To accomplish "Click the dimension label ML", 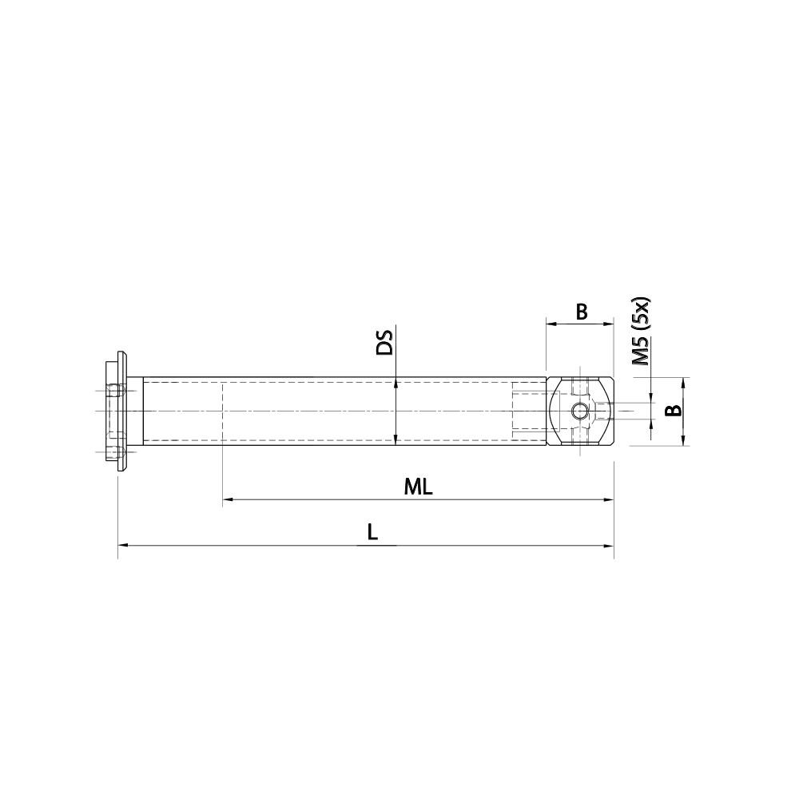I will pyautogui.click(x=417, y=487).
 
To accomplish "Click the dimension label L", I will pyautogui.click(x=372, y=531).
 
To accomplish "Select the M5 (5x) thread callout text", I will pyautogui.click(x=642, y=332).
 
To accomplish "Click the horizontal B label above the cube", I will pyautogui.click(x=582, y=312).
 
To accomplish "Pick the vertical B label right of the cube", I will pyautogui.click(x=674, y=411).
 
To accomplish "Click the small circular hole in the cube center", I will pyautogui.click(x=579, y=411).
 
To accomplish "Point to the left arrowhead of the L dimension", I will pyautogui.click(x=122, y=545).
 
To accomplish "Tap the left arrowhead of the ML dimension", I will pyautogui.click(x=226, y=500).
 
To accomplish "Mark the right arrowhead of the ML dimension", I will pyautogui.click(x=609, y=500).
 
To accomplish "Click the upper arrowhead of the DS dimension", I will pyautogui.click(x=396, y=383).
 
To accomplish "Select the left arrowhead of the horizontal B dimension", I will pyautogui.click(x=551, y=323).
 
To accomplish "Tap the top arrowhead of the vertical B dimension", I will pyautogui.click(x=685, y=382).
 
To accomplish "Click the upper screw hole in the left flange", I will pyautogui.click(x=117, y=391).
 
